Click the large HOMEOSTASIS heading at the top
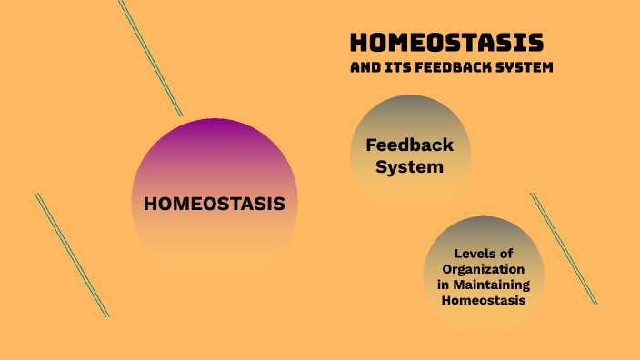click(446, 43)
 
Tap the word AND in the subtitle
click(364, 67)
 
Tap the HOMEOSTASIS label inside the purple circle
click(215, 203)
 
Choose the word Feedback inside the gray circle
click(409, 145)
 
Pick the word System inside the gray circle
click(411, 167)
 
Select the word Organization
click(483, 270)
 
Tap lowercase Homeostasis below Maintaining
click(483, 301)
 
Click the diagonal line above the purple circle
click(151, 57)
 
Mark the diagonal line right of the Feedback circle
click(564, 247)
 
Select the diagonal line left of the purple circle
click(72, 255)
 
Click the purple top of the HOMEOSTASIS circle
click(215, 136)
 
